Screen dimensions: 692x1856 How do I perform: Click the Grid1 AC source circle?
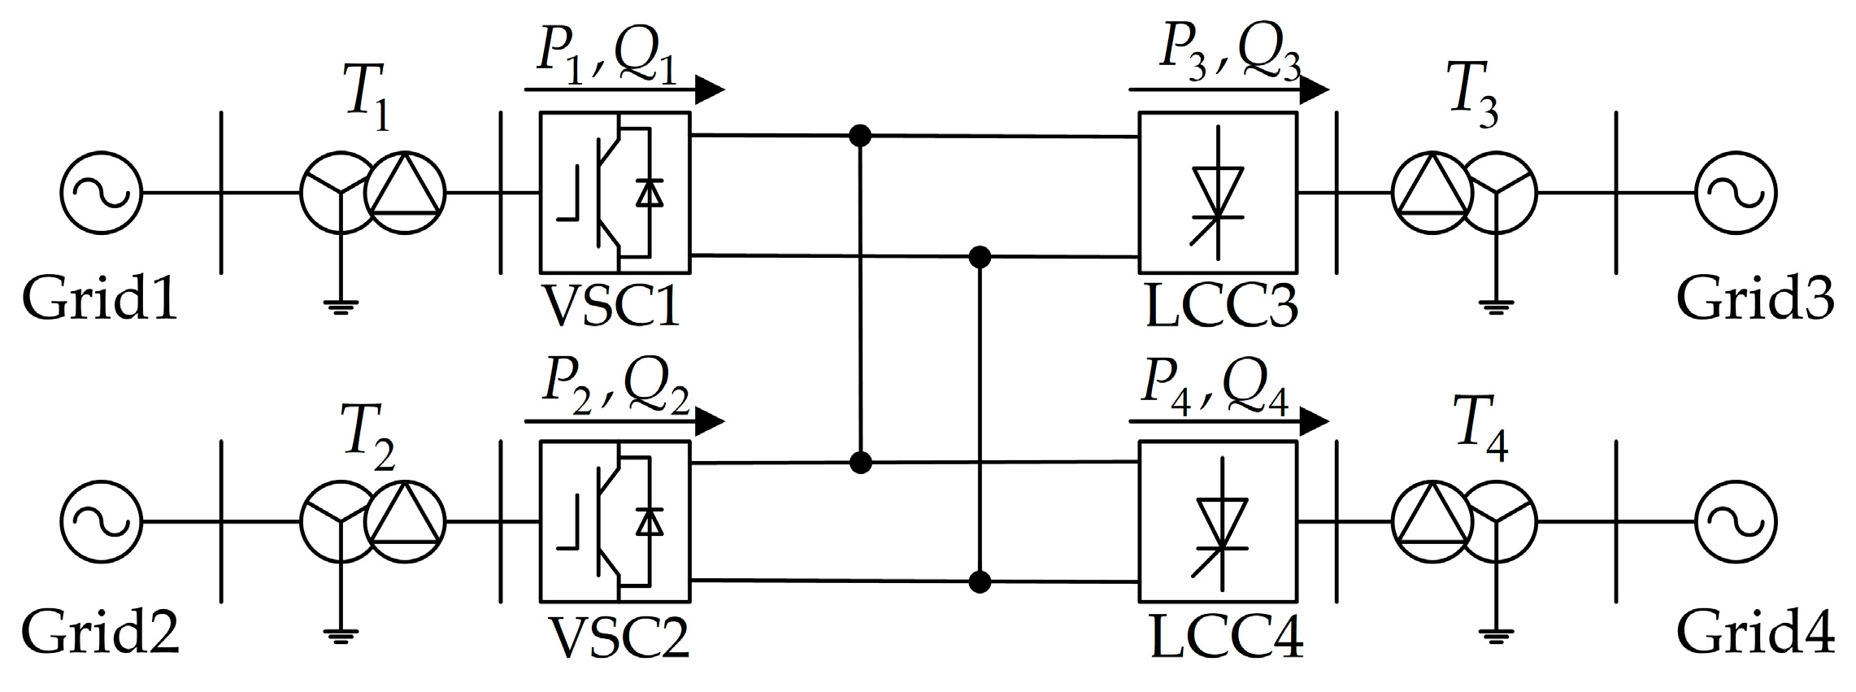[x=101, y=194]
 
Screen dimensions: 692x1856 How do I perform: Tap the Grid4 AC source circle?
[x=1736, y=522]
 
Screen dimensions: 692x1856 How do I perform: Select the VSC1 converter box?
[x=615, y=192]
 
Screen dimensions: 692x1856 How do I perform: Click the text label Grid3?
[x=1754, y=299]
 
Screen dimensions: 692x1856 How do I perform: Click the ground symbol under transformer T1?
[x=341, y=306]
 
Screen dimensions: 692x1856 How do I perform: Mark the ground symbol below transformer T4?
[x=1494, y=635]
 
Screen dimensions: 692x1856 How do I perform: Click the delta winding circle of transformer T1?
[x=406, y=194]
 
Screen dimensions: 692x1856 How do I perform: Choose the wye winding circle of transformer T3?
[x=1497, y=194]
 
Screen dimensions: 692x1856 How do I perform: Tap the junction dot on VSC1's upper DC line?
[x=860, y=135]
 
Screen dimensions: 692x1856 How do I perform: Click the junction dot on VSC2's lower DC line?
[x=980, y=582]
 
